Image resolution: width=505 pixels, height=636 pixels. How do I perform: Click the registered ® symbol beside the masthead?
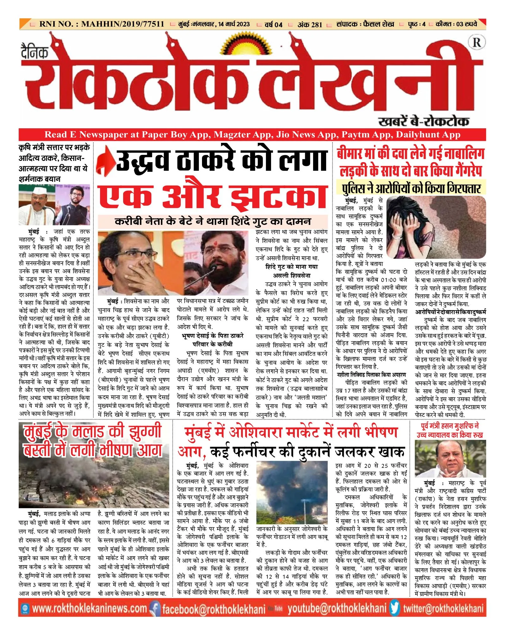(477, 42)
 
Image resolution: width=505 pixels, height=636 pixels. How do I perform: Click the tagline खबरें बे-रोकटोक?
(423, 121)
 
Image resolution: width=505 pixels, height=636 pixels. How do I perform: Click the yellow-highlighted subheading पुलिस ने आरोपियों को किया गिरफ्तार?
(411, 188)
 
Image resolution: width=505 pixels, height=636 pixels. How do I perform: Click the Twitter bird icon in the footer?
(395, 608)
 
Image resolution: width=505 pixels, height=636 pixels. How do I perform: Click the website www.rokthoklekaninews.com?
(89, 608)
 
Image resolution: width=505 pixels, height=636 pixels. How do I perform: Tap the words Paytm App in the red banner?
(366, 135)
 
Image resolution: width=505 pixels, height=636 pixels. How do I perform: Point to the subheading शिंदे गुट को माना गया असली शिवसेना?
(292, 271)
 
